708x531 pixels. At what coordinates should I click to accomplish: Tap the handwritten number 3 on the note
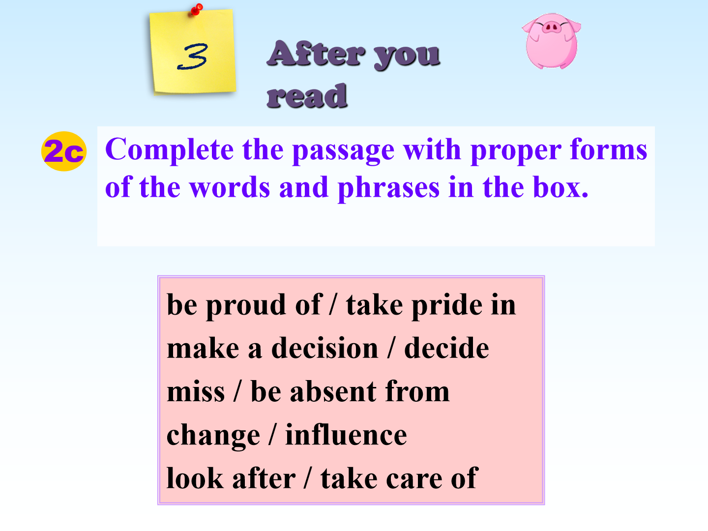192,57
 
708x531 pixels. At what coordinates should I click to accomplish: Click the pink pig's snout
551,27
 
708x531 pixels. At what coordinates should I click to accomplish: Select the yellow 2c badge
64,151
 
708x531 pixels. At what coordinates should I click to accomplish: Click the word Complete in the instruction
169,150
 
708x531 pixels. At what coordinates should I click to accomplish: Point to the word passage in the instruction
344,150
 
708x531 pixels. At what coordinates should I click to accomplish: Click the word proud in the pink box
246,306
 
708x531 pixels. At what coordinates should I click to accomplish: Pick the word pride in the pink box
447,306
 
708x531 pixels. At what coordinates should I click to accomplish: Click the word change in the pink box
213,436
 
